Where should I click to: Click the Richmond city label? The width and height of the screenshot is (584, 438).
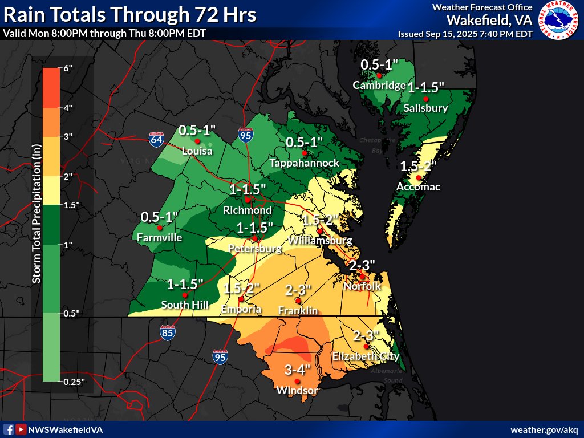coord(247,210)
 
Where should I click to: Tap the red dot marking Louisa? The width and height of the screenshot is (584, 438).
coord(197,141)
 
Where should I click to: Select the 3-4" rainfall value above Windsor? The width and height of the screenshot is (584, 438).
coord(297,370)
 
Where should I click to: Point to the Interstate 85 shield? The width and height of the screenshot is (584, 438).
coord(167,333)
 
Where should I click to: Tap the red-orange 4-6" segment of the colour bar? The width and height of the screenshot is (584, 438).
coord(51,88)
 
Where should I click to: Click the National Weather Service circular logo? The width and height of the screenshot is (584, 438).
coord(557,21)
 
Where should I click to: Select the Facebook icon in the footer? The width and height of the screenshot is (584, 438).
coord(9,429)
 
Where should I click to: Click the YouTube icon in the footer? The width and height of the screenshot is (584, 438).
coord(21,429)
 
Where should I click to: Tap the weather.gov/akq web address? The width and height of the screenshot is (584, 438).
coord(544,429)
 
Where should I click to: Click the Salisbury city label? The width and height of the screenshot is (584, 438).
coord(425,108)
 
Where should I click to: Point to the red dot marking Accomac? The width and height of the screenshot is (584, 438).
coord(419,178)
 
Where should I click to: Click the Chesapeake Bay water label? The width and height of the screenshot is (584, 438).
coord(377,145)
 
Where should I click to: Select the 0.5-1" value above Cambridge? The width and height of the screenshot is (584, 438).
coord(379,65)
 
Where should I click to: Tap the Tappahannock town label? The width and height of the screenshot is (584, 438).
coord(304,163)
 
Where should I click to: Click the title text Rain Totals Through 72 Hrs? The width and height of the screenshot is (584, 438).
coord(129,14)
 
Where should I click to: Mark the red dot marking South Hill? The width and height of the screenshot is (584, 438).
coord(185,295)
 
